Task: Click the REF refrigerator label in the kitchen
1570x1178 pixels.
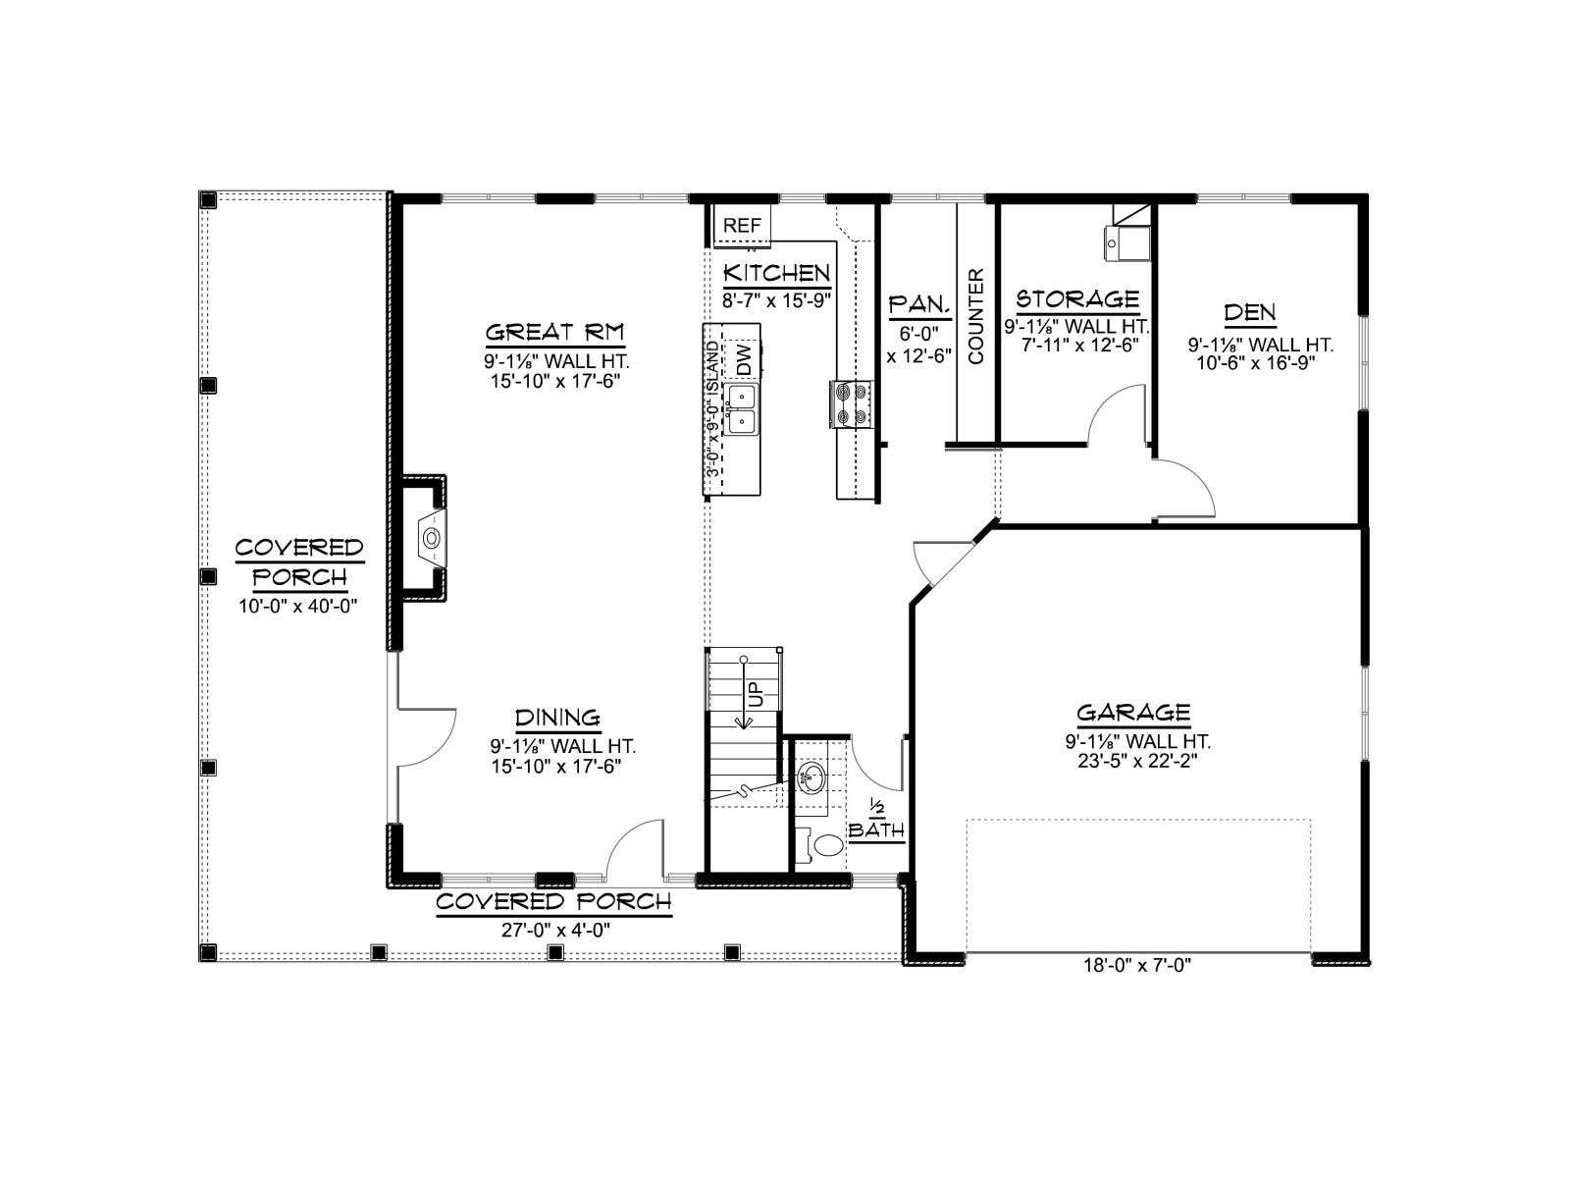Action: point(742,226)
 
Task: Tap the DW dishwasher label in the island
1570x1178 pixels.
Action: point(744,359)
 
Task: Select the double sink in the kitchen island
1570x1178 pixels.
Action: point(742,409)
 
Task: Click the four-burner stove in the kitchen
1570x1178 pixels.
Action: point(851,404)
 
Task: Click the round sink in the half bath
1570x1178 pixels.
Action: point(811,776)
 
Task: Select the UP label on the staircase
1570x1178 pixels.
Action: point(756,692)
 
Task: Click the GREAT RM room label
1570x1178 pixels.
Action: point(555,333)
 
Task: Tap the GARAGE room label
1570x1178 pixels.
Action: point(1133,713)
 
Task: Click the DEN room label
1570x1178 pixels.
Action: point(1250,312)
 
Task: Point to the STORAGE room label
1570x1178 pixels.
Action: point(1077,298)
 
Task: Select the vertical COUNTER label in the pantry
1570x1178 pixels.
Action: point(976,316)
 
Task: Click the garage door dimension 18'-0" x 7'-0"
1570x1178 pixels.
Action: point(1137,966)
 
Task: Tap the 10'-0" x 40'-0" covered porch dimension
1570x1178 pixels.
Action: point(297,607)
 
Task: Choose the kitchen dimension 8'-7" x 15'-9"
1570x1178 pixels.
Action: point(776,300)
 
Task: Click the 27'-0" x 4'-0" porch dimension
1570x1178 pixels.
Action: point(555,930)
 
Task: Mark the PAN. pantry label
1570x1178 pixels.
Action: point(919,305)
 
